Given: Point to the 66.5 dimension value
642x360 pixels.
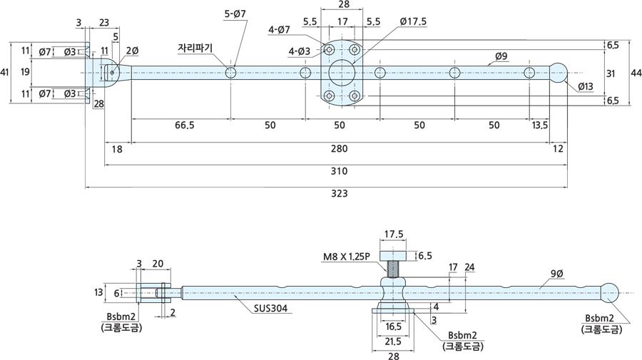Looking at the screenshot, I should pyautogui.click(x=184, y=125).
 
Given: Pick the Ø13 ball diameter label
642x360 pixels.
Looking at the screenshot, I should pyautogui.click(x=586, y=86).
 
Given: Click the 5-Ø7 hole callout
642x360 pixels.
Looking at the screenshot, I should pyautogui.click(x=235, y=14).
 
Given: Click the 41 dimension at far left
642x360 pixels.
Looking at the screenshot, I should pyautogui.click(x=6, y=72).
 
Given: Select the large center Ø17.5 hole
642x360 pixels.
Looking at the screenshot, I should pyautogui.click(x=342, y=73).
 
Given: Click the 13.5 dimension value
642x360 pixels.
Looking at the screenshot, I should pyautogui.click(x=540, y=125).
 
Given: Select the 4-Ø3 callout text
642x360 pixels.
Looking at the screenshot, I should pyautogui.click(x=298, y=51).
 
